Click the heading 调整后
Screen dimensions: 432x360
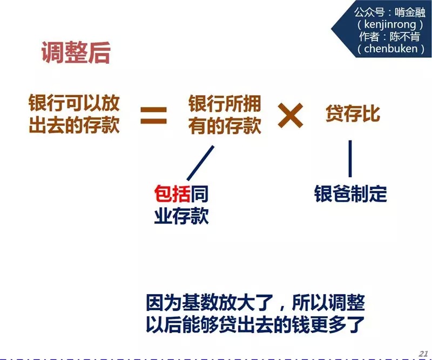[x=76, y=53]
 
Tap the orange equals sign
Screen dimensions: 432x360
[x=154, y=115]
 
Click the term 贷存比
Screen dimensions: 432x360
[x=353, y=114]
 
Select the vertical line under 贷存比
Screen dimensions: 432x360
[x=350, y=159]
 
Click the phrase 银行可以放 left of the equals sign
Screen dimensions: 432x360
[x=74, y=103]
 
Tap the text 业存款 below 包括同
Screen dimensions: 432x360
[x=181, y=217]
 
